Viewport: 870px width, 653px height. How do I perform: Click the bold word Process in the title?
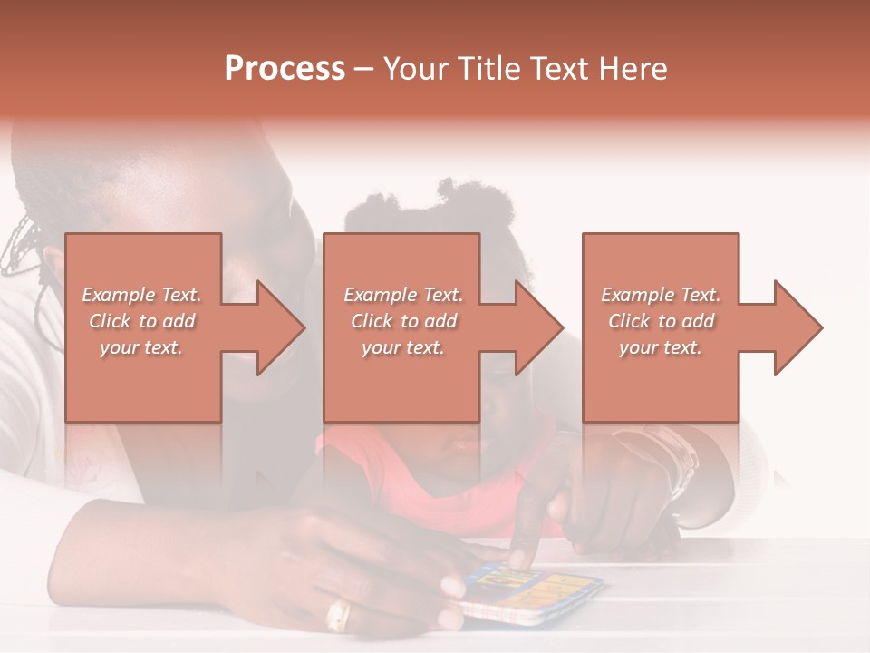(x=285, y=69)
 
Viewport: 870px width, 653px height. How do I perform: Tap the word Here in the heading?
(x=631, y=69)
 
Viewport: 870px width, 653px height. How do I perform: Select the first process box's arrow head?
(x=280, y=327)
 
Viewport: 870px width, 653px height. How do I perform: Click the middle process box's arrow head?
(x=538, y=327)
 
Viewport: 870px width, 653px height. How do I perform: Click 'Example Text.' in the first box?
(x=142, y=295)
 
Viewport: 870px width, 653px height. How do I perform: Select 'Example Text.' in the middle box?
(x=403, y=295)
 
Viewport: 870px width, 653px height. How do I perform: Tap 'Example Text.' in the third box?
(x=661, y=295)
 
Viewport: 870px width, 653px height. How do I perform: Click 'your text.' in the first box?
(x=142, y=347)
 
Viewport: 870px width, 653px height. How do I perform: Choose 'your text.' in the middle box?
(x=403, y=347)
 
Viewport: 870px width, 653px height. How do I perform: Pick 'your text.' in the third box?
(x=661, y=347)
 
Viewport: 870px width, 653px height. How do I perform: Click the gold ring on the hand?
(x=338, y=615)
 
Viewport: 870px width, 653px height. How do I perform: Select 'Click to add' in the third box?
(x=661, y=321)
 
